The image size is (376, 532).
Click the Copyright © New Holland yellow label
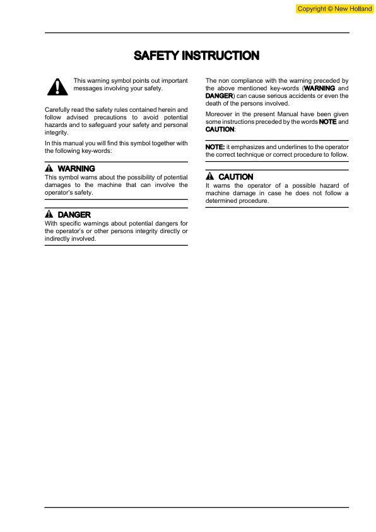pyautogui.click(x=334, y=8)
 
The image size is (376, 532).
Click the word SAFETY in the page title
pyautogui.click(x=156, y=56)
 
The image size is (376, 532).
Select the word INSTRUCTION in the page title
pyautogui.click(x=220, y=56)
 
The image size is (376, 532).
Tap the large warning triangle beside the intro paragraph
pyautogui.click(x=56, y=87)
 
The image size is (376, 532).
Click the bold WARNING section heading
pyautogui.click(x=76, y=169)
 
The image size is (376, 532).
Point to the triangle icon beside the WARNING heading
pyautogui.click(x=49, y=169)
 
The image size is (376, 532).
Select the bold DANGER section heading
pyautogui.click(x=74, y=215)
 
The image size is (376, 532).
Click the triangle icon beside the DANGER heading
pyautogui.click(x=49, y=215)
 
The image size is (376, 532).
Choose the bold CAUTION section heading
pyautogui.click(x=236, y=177)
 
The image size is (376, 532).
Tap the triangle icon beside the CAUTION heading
pyautogui.click(x=210, y=177)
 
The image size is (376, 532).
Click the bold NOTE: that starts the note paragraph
pyautogui.click(x=215, y=147)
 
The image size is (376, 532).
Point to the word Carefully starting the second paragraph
pyautogui.click(x=59, y=110)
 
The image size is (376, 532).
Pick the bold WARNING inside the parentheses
pyautogui.click(x=319, y=88)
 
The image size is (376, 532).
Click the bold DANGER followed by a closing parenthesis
pyautogui.click(x=219, y=96)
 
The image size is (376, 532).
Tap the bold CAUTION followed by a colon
pyautogui.click(x=220, y=129)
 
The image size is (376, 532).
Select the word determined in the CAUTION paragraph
pyautogui.click(x=225, y=201)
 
